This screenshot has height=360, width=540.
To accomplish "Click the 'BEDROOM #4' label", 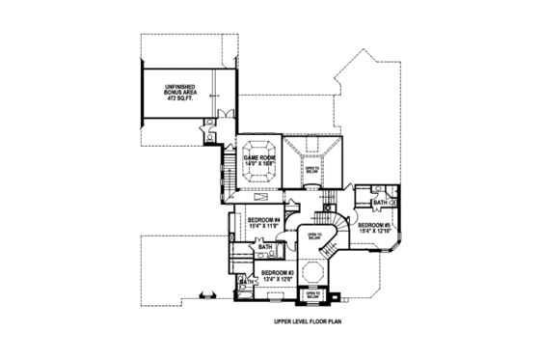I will click(x=262, y=220).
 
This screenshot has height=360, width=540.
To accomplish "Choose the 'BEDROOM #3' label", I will click(x=279, y=274).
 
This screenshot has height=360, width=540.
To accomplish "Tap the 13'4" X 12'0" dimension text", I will click(x=279, y=281).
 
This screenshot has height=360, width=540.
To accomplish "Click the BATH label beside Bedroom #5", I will click(x=380, y=202).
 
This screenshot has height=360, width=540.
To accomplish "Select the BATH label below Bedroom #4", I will click(x=265, y=248).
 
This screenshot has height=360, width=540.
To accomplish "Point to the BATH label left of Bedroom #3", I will click(x=238, y=282).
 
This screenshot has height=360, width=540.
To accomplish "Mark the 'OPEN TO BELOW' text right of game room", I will click(x=310, y=170).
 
